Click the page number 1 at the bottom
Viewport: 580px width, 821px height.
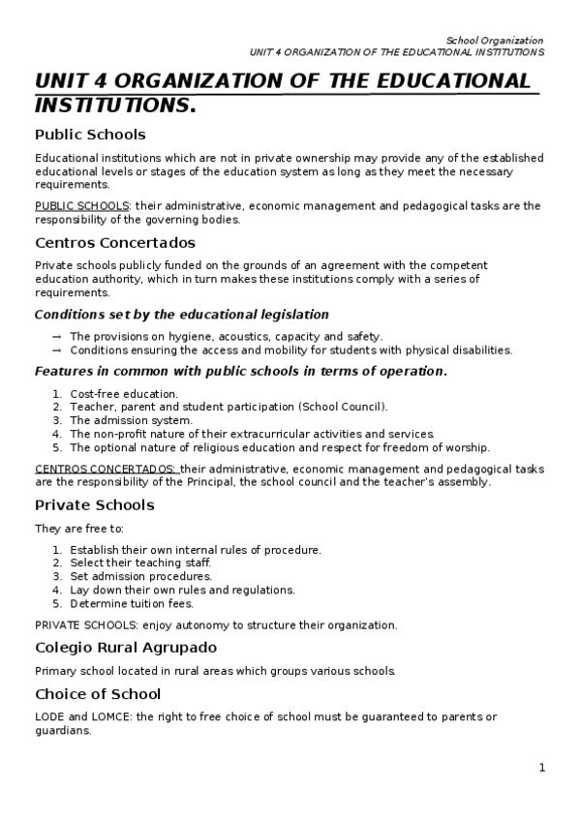point(542,768)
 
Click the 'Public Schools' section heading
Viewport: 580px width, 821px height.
point(90,135)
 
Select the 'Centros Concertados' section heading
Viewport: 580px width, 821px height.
point(114,243)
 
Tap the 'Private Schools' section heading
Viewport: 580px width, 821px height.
point(94,505)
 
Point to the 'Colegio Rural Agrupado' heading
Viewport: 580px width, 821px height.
point(126,647)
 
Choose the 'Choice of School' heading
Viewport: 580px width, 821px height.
point(98,694)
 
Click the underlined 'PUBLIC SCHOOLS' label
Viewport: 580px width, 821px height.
point(82,206)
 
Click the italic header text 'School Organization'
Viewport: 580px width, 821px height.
point(495,40)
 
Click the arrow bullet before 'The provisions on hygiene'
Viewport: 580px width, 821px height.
point(57,336)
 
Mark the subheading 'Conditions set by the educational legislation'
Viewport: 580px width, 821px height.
point(181,315)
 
